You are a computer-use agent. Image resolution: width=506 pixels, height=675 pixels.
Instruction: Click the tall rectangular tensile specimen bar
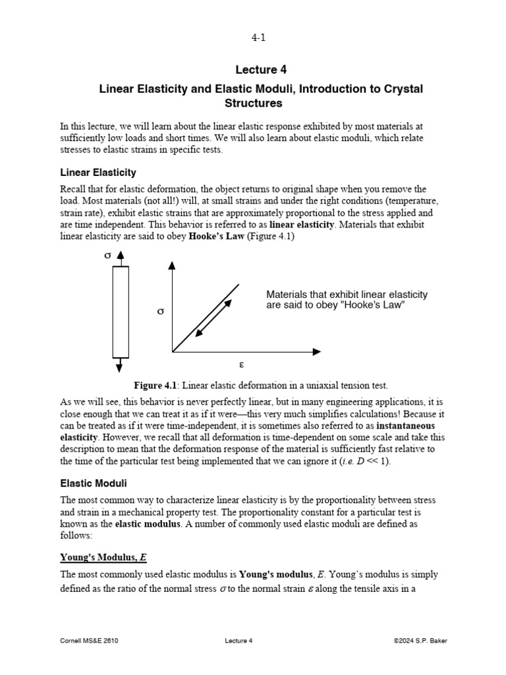coord(120,311)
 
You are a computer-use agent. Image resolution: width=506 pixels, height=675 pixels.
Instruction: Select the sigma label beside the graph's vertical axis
coord(160,310)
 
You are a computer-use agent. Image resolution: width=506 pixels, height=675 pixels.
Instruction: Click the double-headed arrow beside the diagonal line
coord(214,318)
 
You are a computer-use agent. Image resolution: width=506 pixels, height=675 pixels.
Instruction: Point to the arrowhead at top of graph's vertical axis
coord(173,266)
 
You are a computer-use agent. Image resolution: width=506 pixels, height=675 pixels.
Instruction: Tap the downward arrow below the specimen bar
coord(120,367)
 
